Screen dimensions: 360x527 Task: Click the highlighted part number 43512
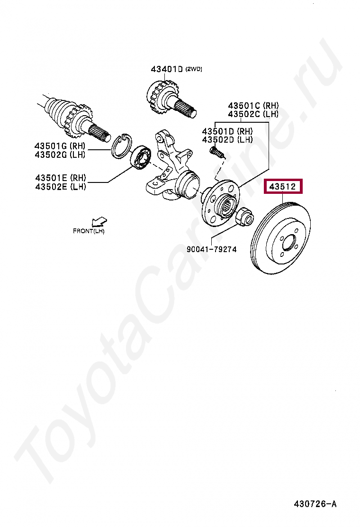[283, 186]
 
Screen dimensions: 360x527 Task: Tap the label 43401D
[167, 69]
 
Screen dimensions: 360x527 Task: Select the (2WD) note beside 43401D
[194, 69]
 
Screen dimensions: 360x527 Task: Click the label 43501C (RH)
[253, 106]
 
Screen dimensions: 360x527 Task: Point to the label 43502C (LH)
[253, 114]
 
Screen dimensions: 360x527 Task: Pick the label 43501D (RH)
[227, 131]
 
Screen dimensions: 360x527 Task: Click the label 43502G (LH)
[60, 154]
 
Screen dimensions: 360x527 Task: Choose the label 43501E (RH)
[61, 177]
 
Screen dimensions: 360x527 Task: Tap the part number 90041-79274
[212, 249]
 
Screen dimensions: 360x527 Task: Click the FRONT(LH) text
[89, 231]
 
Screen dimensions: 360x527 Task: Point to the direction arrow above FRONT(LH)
[99, 221]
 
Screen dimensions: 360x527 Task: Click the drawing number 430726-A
[315, 504]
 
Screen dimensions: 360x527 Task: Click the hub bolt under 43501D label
[218, 153]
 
